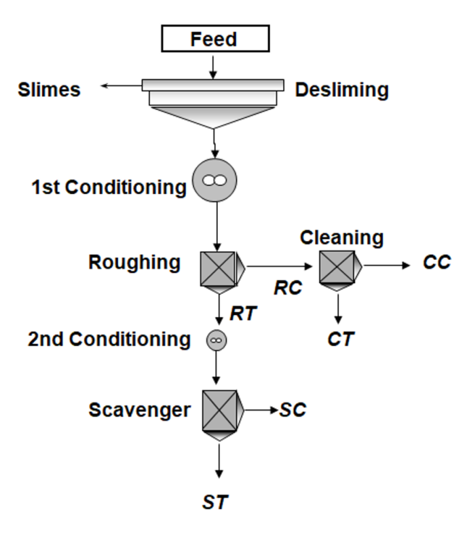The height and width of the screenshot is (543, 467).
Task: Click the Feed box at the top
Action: pos(214,39)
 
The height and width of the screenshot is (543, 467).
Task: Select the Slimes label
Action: pos(49,90)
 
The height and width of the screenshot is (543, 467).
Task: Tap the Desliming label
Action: pos(341,90)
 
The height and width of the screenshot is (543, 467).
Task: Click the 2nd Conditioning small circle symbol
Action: pos(217,339)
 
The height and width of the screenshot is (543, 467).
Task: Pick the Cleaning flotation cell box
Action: pos(337,267)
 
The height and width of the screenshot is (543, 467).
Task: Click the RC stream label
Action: pos(288,287)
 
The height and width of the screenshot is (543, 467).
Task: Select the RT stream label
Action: pos(243,314)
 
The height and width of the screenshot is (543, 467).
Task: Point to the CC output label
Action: pos(436,263)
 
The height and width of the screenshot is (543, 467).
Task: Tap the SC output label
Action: pos(293,410)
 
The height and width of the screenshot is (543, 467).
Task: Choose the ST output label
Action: pos(215,502)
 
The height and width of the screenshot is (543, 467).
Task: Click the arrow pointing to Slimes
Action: pos(122,86)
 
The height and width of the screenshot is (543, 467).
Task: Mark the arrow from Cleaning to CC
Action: pos(387,265)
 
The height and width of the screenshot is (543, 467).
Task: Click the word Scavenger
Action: pos(139,410)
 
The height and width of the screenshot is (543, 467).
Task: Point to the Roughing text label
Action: pos(134,262)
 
